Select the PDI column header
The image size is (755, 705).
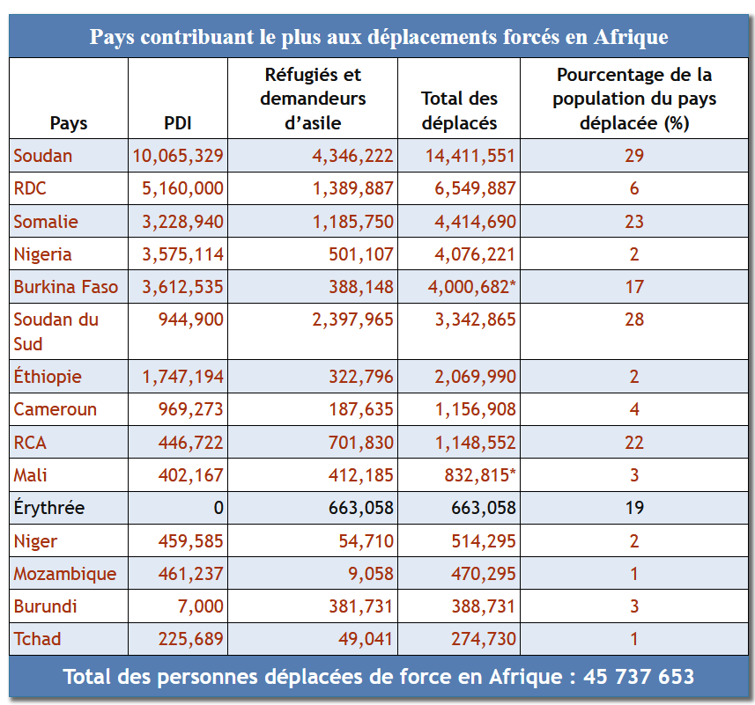pos(178,123)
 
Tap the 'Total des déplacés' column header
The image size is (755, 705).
pos(459,111)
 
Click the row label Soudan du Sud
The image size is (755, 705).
pos(56,331)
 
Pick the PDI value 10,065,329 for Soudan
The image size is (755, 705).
pos(178,157)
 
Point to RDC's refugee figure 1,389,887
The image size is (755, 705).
pos(352,189)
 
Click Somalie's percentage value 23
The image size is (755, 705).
pos(634,222)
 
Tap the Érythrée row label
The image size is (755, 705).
pos(49,508)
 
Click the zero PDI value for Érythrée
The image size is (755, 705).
pos(218,508)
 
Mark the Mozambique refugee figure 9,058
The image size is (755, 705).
pos(371,574)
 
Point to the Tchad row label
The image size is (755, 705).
pos(37,639)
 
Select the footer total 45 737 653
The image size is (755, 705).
pos(638,677)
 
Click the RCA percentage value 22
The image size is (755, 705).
pos(634,443)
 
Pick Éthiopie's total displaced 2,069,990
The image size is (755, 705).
pos(475,377)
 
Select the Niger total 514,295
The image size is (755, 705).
pos(484,541)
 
